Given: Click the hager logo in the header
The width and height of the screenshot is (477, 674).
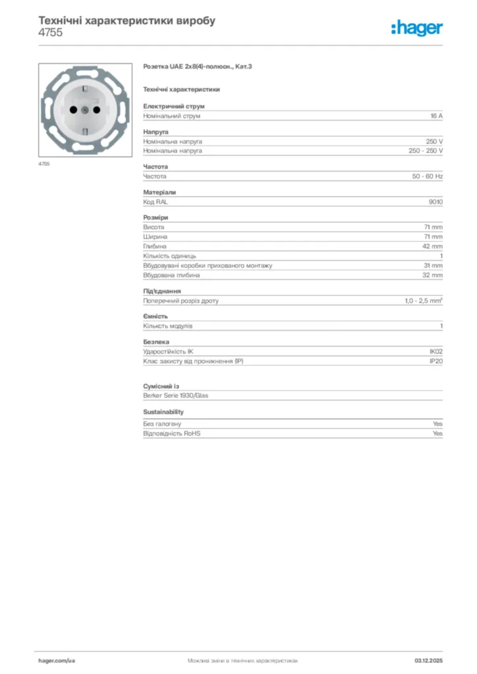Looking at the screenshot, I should pyautogui.click(x=416, y=28).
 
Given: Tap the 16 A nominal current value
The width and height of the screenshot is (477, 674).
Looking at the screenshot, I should pyautogui.click(x=436, y=116).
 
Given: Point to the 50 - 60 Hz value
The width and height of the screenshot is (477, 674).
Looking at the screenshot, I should pyautogui.click(x=428, y=176).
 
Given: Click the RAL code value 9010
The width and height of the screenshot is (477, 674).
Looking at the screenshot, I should pyautogui.click(x=435, y=202).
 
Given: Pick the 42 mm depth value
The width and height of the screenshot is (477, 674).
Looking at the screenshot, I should pyautogui.click(x=432, y=246).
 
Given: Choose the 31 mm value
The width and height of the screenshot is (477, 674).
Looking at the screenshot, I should pyautogui.click(x=432, y=265).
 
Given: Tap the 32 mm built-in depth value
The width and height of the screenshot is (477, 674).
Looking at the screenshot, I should pyautogui.click(x=432, y=275).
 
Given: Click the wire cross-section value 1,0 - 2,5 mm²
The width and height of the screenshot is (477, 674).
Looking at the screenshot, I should pyautogui.click(x=423, y=301).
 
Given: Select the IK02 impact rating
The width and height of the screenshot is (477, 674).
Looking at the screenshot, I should pyautogui.click(x=436, y=351).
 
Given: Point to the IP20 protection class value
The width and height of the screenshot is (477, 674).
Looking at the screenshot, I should pyautogui.click(x=436, y=361).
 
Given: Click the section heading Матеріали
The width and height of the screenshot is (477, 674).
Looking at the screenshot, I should pyautogui.click(x=159, y=192).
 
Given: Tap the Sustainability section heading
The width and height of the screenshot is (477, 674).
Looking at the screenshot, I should pyautogui.click(x=163, y=412).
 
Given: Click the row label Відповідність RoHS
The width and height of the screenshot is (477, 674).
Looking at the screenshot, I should pyautogui.click(x=171, y=434).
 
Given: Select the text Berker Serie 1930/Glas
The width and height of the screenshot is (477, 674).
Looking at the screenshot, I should pyautogui.click(x=176, y=396).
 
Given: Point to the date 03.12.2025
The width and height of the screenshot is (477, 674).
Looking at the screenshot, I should pyautogui.click(x=428, y=660).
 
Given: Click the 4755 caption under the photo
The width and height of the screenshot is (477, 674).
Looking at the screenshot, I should pyautogui.click(x=44, y=163).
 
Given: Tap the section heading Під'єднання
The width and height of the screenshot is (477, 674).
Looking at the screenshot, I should pyautogui.click(x=162, y=291).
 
